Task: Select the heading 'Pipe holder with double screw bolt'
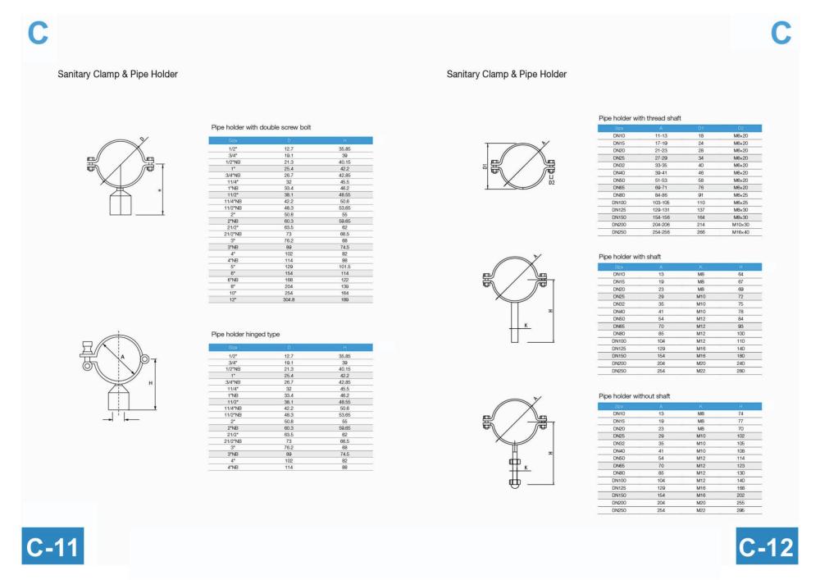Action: click(x=261, y=127)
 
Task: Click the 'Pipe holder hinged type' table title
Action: click(x=245, y=334)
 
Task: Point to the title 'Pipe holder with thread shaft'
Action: click(x=640, y=118)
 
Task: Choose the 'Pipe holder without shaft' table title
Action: click(x=634, y=395)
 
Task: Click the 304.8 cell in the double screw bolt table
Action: click(x=288, y=299)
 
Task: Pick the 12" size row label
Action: click(x=234, y=299)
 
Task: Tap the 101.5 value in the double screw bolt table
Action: click(x=344, y=267)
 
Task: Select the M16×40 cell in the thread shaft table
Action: click(x=740, y=232)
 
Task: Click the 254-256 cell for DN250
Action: click(x=662, y=232)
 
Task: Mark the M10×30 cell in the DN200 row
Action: click(x=740, y=224)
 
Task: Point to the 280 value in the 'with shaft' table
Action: click(x=740, y=371)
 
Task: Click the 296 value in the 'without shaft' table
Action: click(x=740, y=509)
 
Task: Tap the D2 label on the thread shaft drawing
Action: click(x=552, y=181)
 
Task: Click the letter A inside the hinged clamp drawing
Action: click(x=122, y=358)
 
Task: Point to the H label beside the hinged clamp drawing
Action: click(x=150, y=383)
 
